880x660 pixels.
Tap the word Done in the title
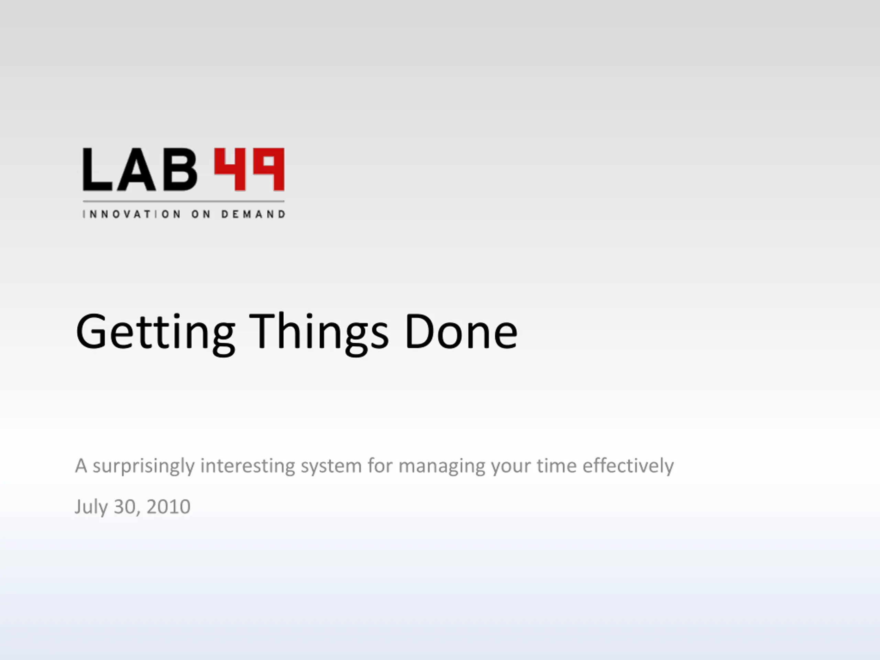pos(461,331)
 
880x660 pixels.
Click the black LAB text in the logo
pos(140,169)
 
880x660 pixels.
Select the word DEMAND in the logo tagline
pos(253,214)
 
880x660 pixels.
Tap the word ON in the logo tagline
pos(201,214)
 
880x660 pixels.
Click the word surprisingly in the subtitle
pos(144,466)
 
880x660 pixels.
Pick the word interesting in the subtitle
pos(247,466)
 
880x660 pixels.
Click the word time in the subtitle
pos(557,465)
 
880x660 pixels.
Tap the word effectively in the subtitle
pos(628,466)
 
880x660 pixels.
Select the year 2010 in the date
pos(168,507)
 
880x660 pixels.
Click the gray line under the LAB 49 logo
pos(184,202)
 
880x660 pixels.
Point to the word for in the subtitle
pos(380,465)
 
